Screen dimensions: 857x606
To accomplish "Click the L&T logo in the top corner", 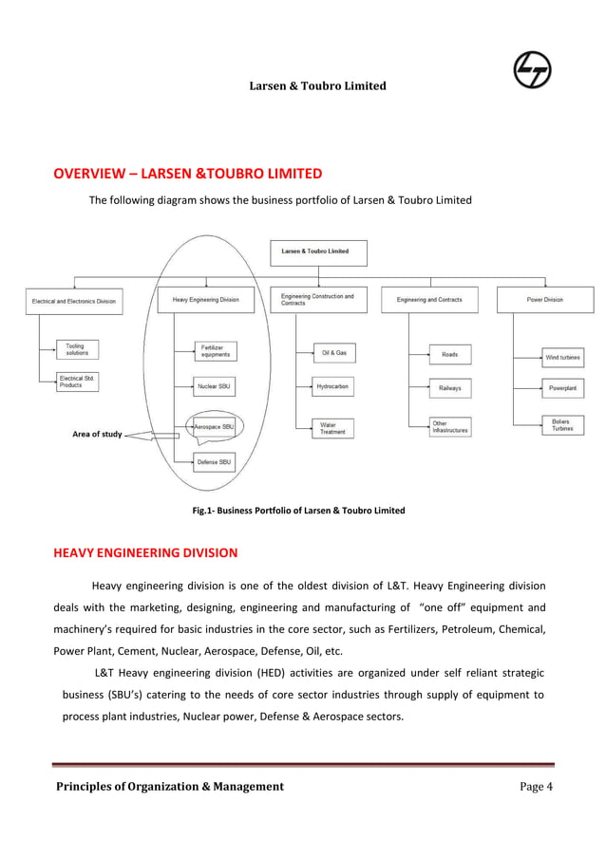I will point(537,71).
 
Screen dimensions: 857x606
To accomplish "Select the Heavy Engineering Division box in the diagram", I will point(206,300).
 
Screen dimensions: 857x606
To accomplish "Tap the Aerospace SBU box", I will point(214,427).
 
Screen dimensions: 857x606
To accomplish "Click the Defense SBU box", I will point(214,462).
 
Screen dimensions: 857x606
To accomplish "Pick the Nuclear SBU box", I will point(214,387).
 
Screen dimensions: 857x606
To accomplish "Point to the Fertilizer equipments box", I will point(214,350).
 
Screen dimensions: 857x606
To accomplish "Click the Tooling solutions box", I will point(77,350).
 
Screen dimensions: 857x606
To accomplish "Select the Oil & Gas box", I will point(333,353).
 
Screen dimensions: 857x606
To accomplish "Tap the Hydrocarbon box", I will point(333,387).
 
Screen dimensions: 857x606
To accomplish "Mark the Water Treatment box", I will point(333,428).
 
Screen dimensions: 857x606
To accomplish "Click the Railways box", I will point(449,388).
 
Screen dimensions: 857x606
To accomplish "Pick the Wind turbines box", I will point(563,358).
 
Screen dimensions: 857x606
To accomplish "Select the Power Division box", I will point(545,300).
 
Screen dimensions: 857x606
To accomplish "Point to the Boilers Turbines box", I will point(563,424).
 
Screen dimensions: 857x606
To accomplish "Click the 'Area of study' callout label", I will point(97,435).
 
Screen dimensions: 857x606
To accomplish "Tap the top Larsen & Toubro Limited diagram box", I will point(318,252).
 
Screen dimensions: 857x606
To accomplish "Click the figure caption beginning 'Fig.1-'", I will point(298,511).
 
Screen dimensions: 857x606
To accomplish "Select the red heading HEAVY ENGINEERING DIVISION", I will point(145,552).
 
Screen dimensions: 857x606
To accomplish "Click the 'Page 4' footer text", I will point(536,786).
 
